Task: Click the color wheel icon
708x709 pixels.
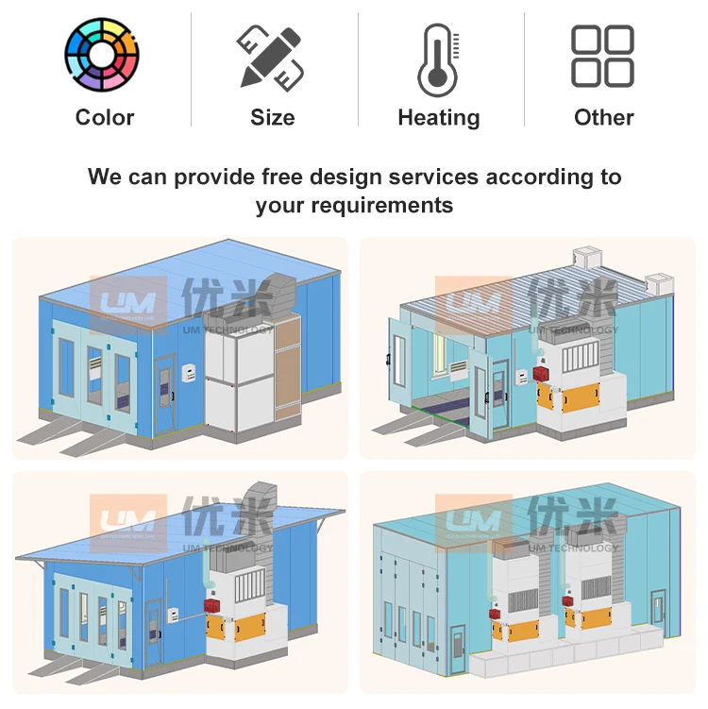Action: pyautogui.click(x=102, y=54)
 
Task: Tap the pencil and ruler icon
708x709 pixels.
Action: pyautogui.click(x=270, y=58)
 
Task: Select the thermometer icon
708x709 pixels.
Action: pyautogui.click(x=438, y=59)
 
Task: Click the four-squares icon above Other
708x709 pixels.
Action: pyautogui.click(x=602, y=56)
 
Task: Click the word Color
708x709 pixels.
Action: pyautogui.click(x=105, y=118)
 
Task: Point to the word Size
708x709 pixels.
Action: pyautogui.click(x=273, y=118)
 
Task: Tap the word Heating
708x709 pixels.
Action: pyautogui.click(x=439, y=118)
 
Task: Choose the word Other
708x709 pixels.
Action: pyautogui.click(x=603, y=118)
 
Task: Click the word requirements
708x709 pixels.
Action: pyautogui.click(x=381, y=206)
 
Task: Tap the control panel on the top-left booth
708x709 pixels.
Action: pyautogui.click(x=189, y=374)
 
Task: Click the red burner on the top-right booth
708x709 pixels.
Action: pyautogui.click(x=540, y=374)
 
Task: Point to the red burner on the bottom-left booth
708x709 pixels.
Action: pyautogui.click(x=212, y=605)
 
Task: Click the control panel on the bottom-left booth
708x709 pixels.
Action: pyautogui.click(x=173, y=616)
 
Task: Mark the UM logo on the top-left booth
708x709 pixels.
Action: pyautogui.click(x=128, y=305)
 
